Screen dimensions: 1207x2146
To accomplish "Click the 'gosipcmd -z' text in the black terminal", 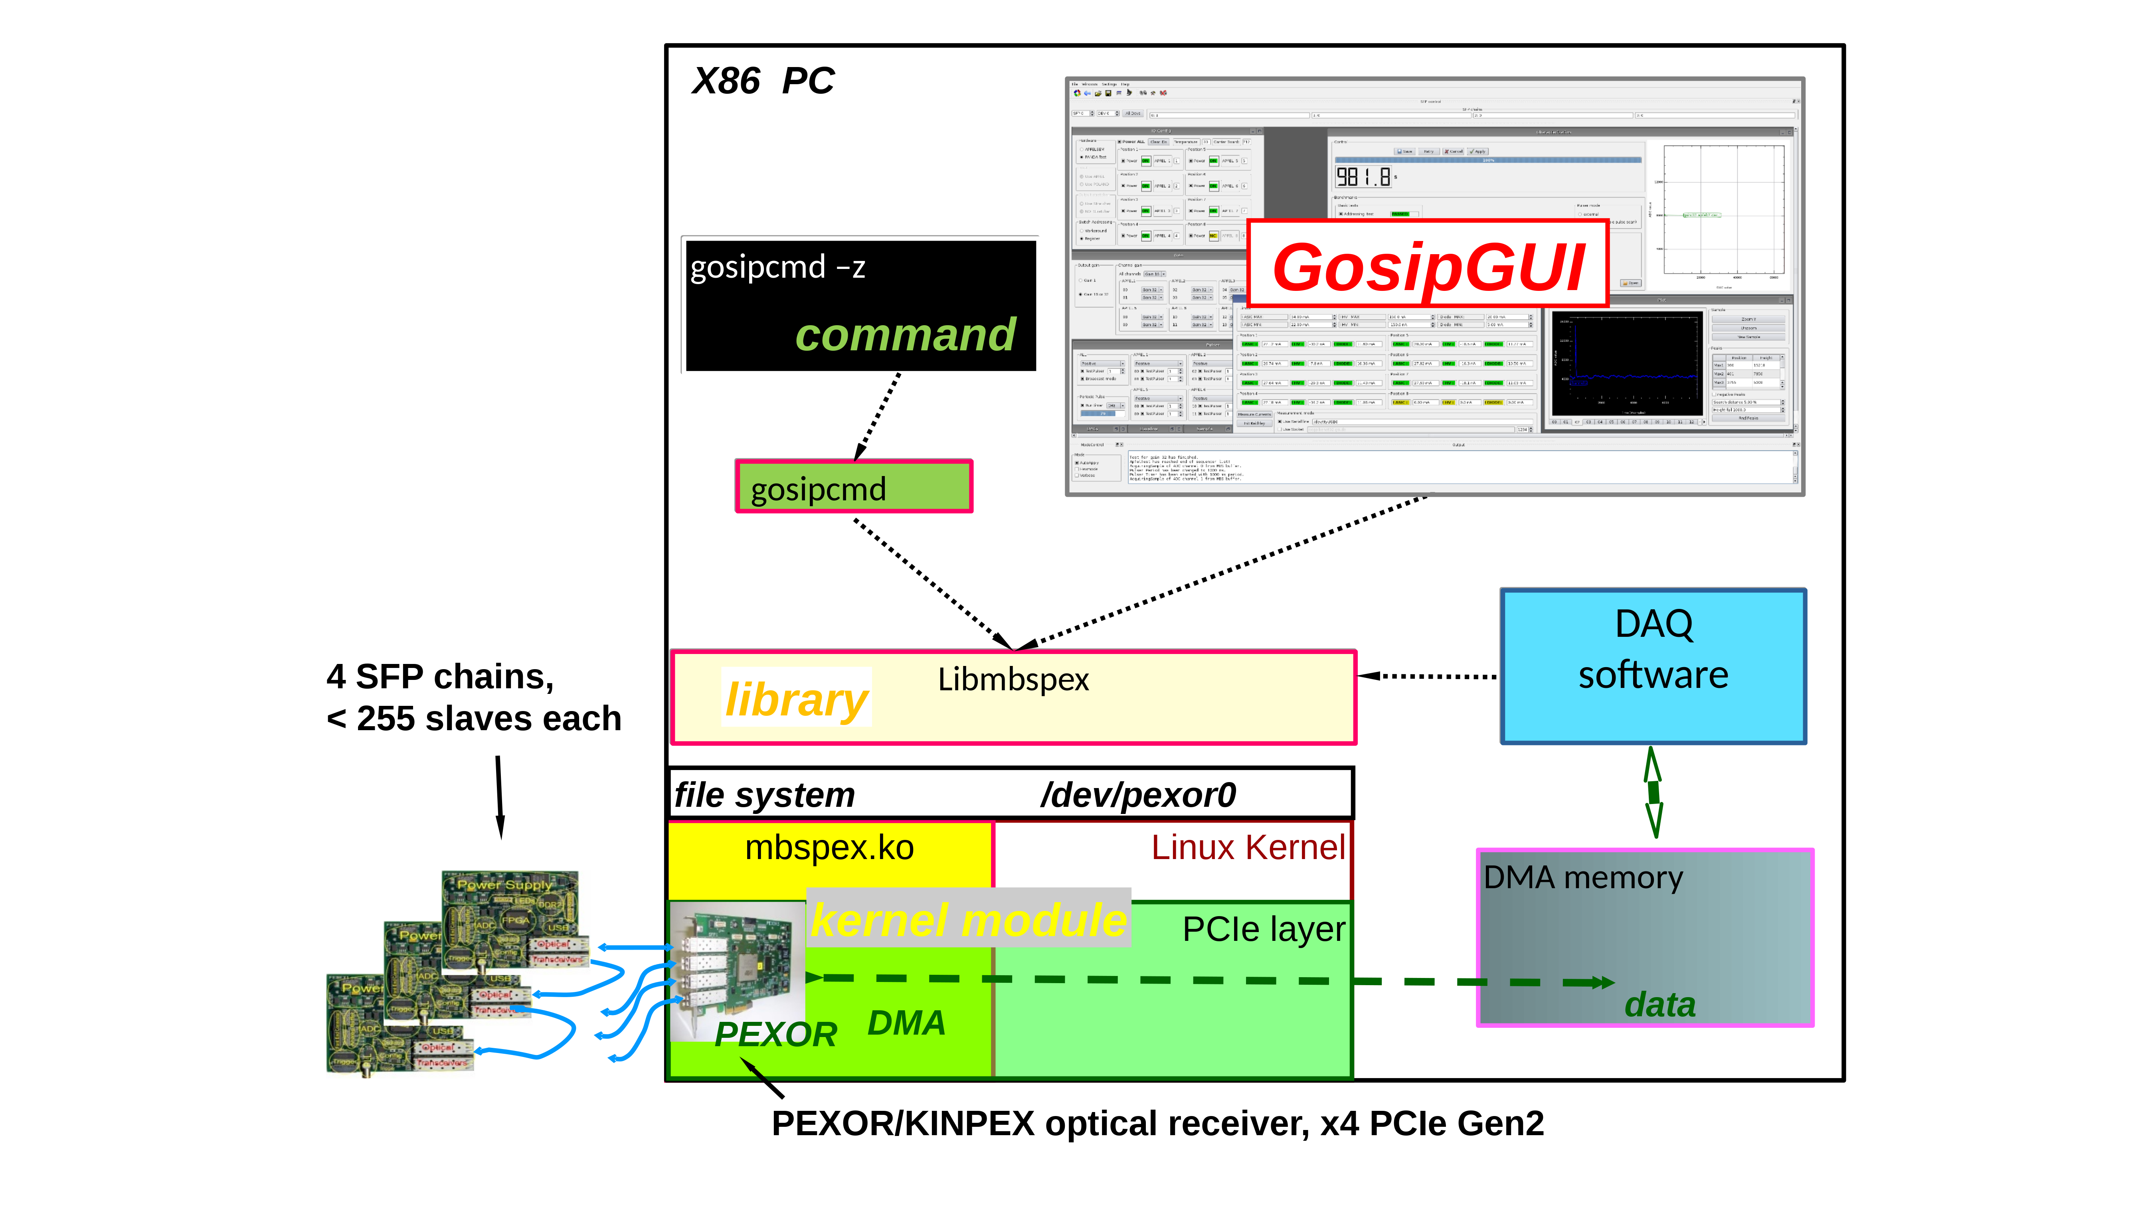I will pyautogui.click(x=778, y=267).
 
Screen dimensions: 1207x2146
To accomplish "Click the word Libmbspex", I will pyautogui.click(x=1013, y=680).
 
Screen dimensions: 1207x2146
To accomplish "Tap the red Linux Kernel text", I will pyautogui.click(x=1247, y=848).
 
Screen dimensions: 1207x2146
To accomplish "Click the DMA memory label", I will pyautogui.click(x=1583, y=878).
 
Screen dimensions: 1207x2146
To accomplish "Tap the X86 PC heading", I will pyautogui.click(x=763, y=82).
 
